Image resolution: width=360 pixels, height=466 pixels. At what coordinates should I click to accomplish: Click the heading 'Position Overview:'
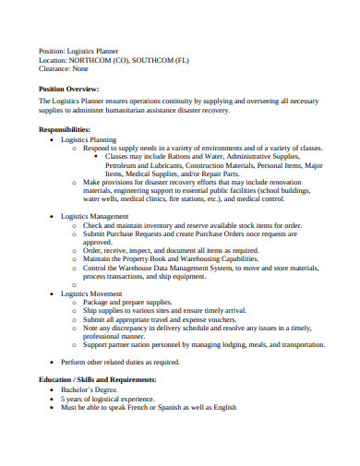(74, 89)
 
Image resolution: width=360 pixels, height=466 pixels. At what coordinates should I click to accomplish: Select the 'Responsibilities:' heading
(64, 129)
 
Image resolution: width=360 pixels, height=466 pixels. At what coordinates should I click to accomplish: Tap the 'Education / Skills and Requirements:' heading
(98, 379)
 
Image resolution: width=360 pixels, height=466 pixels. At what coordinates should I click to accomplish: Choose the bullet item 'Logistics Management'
(97, 215)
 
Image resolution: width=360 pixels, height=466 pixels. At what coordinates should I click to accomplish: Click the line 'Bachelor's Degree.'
(92, 389)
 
